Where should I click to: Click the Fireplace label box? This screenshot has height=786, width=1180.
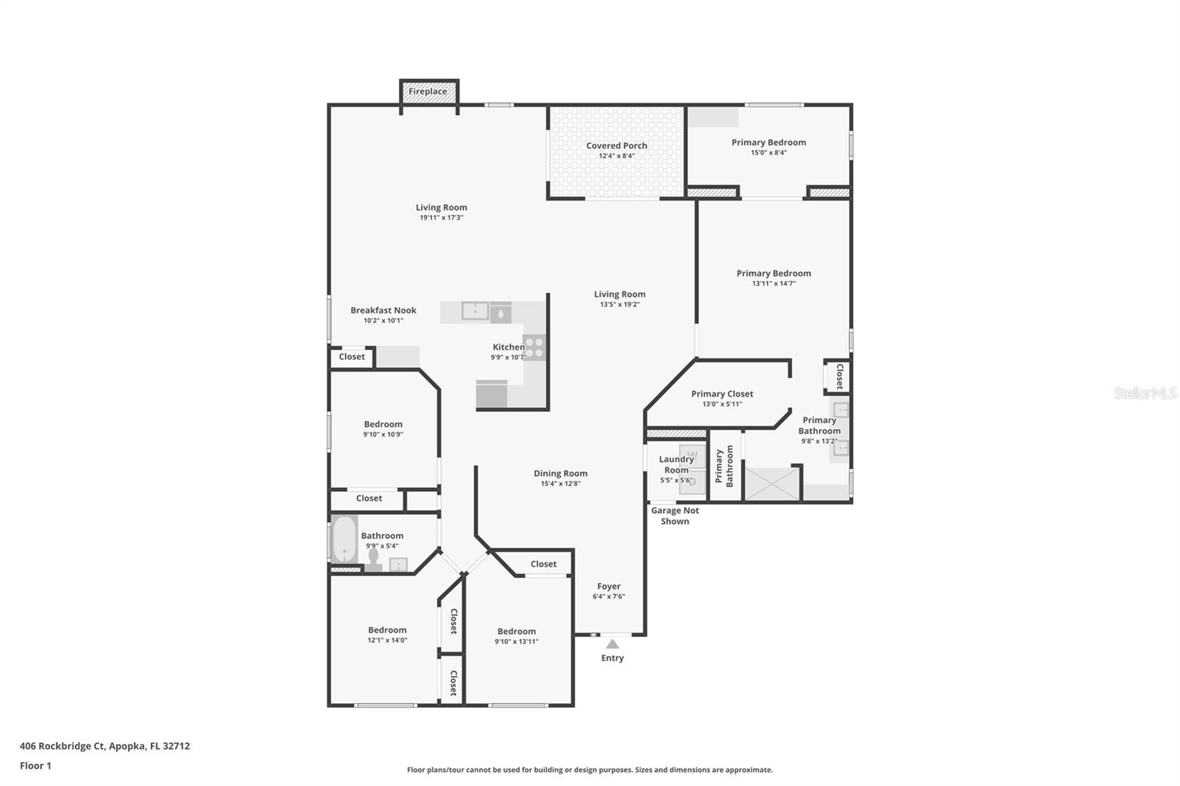(x=428, y=91)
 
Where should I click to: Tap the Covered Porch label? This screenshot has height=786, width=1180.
(x=617, y=146)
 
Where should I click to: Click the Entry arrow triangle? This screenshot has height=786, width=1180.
(x=612, y=644)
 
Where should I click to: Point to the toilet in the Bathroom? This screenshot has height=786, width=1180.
(x=374, y=560)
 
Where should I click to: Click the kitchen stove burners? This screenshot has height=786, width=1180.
(x=533, y=347)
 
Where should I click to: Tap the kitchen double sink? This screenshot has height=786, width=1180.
(x=476, y=311)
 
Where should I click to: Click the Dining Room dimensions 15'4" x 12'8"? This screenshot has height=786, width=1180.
(x=560, y=484)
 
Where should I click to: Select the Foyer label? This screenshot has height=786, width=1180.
(x=608, y=587)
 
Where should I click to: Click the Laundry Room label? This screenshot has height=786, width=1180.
(x=676, y=465)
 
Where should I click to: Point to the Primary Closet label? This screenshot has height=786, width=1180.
(x=722, y=394)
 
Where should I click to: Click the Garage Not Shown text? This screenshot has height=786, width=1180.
(x=675, y=515)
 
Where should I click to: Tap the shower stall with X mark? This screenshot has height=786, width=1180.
(x=771, y=484)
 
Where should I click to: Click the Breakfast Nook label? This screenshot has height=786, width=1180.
(x=383, y=310)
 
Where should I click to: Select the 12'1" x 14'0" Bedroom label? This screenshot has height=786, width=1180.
(x=387, y=630)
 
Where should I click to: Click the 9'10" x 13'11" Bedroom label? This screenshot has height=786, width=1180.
(x=516, y=632)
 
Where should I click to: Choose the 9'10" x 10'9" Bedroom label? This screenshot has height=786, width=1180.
(x=383, y=425)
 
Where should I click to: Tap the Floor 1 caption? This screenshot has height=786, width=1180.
(x=35, y=765)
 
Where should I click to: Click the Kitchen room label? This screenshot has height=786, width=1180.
(x=508, y=347)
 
